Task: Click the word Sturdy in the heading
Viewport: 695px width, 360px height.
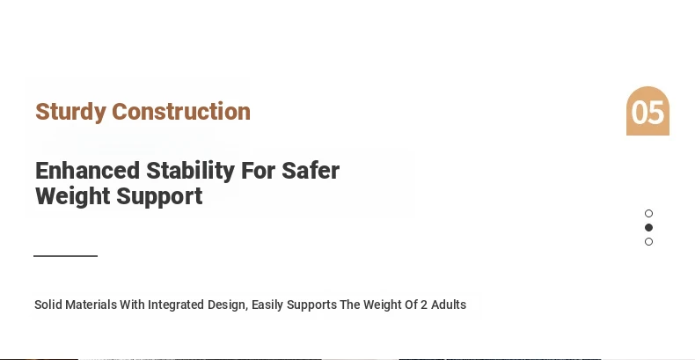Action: pyautogui.click(x=71, y=112)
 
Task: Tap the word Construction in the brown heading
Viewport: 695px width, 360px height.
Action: pyautogui.click(x=181, y=111)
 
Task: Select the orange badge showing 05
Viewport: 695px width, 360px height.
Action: pyautogui.click(x=647, y=111)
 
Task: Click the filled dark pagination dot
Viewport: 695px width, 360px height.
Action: pyautogui.click(x=648, y=227)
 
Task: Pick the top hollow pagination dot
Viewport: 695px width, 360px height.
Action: pyautogui.click(x=648, y=214)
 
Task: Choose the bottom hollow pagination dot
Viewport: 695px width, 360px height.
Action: pyautogui.click(x=648, y=242)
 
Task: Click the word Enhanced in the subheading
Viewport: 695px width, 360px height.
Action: pyautogui.click(x=87, y=171)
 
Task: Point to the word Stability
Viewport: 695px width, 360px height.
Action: pyautogui.click(x=191, y=172)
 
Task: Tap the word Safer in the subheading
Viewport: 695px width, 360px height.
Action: pyautogui.click(x=311, y=171)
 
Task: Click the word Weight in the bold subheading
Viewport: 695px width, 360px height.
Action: pyautogui.click(x=73, y=197)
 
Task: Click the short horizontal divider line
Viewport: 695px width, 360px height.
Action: pyautogui.click(x=66, y=256)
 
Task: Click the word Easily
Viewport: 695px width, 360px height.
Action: pyautogui.click(x=267, y=305)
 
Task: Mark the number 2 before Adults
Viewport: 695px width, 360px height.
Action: pyautogui.click(x=424, y=305)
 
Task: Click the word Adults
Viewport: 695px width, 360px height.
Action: pyautogui.click(x=449, y=305)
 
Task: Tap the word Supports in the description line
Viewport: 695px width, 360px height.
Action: pyautogui.click(x=311, y=305)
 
